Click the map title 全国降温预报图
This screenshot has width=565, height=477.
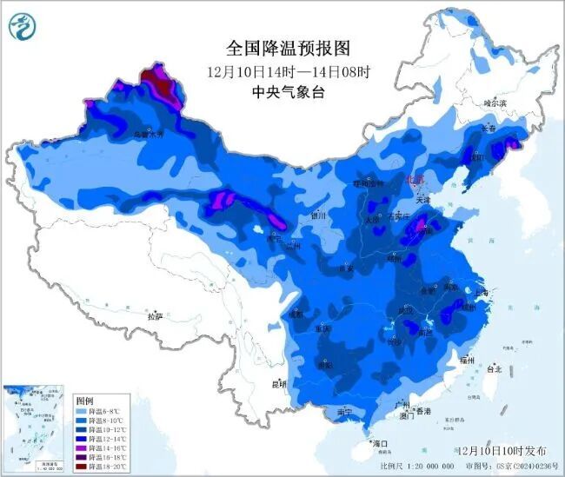[x=281, y=47]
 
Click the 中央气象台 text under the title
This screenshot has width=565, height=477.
[x=281, y=91]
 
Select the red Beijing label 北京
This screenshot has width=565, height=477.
[x=415, y=179]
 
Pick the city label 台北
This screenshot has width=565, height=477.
[x=494, y=368]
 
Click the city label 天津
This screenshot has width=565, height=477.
[x=423, y=200]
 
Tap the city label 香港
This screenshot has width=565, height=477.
[x=423, y=410]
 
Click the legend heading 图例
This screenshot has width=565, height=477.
[x=84, y=401]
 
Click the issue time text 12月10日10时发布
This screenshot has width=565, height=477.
[x=502, y=451]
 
